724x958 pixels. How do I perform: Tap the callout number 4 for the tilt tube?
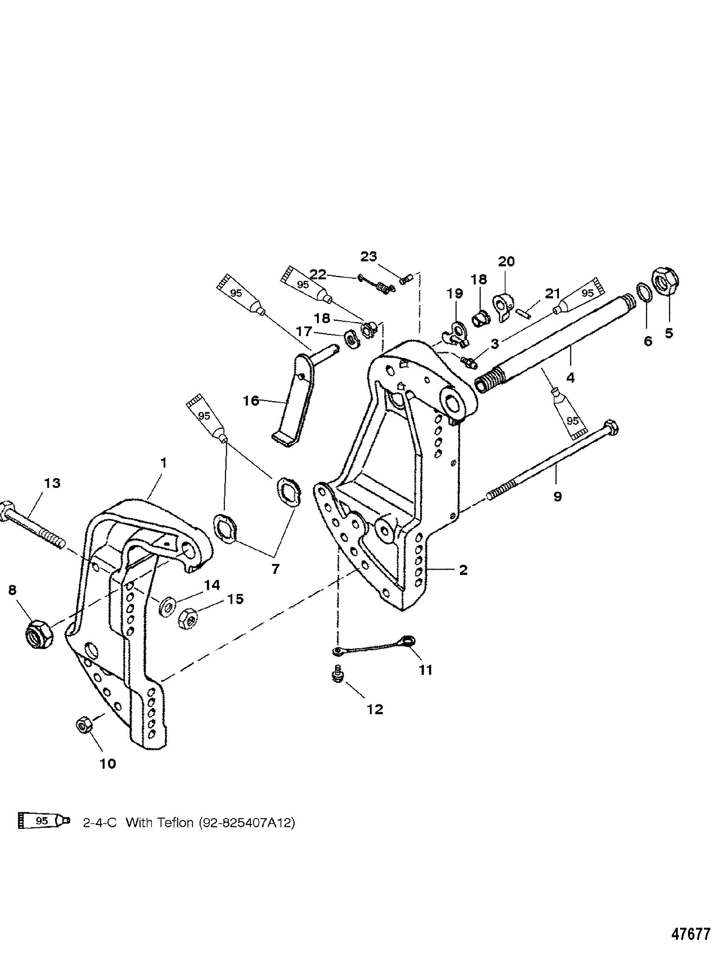[570, 378]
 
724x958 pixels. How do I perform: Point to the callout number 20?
[506, 262]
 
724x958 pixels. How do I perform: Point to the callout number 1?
[163, 463]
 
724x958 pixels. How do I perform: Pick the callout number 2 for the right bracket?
[463, 570]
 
